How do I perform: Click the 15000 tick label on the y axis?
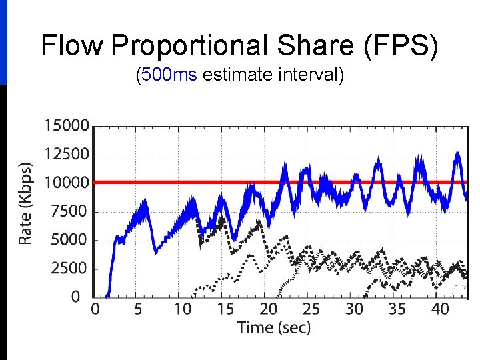point(66,125)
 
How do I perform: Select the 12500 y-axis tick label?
point(66,154)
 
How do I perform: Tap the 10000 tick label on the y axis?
point(66,183)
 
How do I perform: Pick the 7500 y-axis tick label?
point(69,211)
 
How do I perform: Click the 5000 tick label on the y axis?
point(69,240)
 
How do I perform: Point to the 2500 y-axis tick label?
point(69,269)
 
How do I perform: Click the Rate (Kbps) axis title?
point(25,203)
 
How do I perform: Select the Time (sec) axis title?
point(273,327)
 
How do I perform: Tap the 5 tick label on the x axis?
point(137,309)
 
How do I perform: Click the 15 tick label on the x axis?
point(225,309)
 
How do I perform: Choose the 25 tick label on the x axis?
point(311,309)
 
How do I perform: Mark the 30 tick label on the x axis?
point(355,309)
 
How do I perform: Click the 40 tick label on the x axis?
point(441,309)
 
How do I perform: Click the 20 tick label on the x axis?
point(268,309)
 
